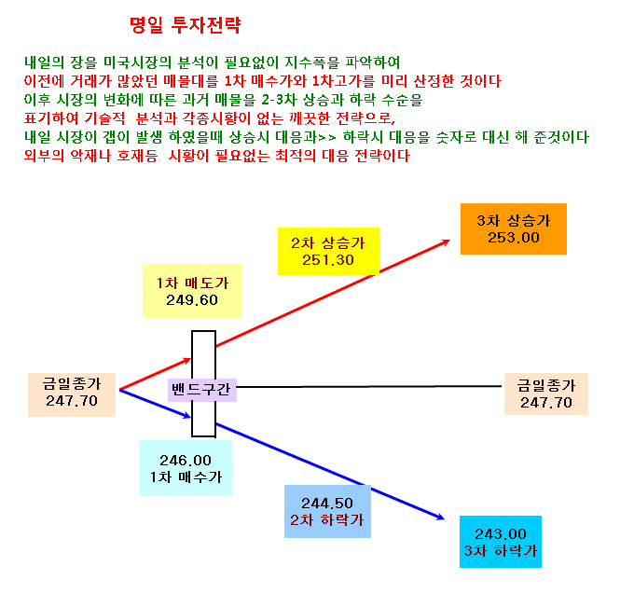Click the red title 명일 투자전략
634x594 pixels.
coord(186,25)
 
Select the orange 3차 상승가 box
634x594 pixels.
coord(514,228)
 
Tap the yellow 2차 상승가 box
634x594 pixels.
coord(328,251)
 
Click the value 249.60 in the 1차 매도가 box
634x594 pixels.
coord(192,300)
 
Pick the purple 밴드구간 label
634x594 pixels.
coord(201,390)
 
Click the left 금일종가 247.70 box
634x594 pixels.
coord(72,394)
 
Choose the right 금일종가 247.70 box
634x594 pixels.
coord(546,394)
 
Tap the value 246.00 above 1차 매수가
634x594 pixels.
coord(186,460)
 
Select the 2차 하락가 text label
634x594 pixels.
coord(327,520)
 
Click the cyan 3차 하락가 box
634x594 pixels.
coord(501,542)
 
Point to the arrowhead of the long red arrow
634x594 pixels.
coord(449,241)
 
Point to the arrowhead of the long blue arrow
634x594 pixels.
coord(444,518)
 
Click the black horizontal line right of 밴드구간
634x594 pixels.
coord(369,387)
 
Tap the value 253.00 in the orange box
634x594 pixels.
coord(514,238)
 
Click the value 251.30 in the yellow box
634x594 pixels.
coord(328,259)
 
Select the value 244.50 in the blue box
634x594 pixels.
coord(327,503)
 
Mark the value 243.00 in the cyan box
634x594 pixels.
coord(501,533)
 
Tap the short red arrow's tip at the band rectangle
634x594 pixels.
coord(190,359)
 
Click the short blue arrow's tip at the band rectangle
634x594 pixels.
coord(190,417)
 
